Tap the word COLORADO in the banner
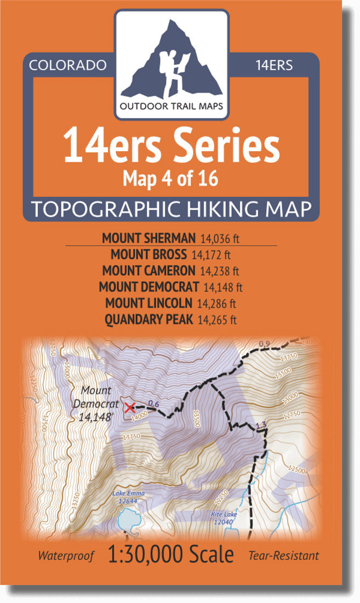click(x=67, y=66)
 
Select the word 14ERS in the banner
click(x=274, y=66)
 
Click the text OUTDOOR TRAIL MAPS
click(x=172, y=106)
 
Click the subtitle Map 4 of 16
click(x=171, y=179)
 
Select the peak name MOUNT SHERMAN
click(x=148, y=238)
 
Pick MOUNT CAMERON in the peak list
click(x=148, y=270)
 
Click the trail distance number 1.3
click(x=261, y=424)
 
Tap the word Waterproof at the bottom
click(x=66, y=556)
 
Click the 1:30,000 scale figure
click(x=171, y=555)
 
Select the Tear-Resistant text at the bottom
click(x=283, y=556)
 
